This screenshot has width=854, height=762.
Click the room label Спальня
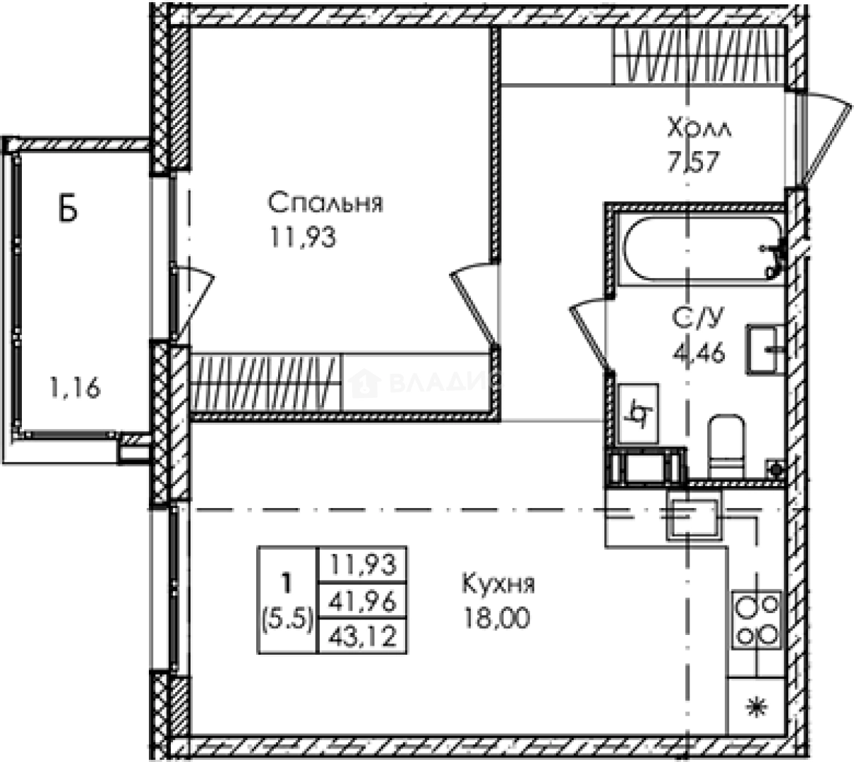(x=325, y=203)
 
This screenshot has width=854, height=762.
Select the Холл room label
(x=699, y=129)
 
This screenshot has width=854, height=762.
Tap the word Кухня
(x=498, y=584)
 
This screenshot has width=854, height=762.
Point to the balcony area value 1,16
(x=75, y=387)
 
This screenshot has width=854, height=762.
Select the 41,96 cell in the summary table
(x=363, y=601)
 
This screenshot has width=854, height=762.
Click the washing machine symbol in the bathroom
(x=638, y=414)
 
